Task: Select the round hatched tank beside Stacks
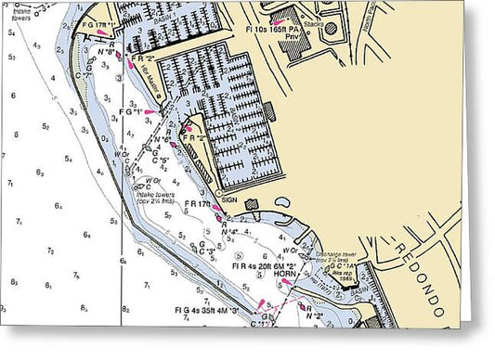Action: (x=331, y=28)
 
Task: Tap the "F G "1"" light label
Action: (x=134, y=113)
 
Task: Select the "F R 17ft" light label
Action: (x=200, y=203)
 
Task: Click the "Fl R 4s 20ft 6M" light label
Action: (x=263, y=265)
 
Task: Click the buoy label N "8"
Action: (x=110, y=54)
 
